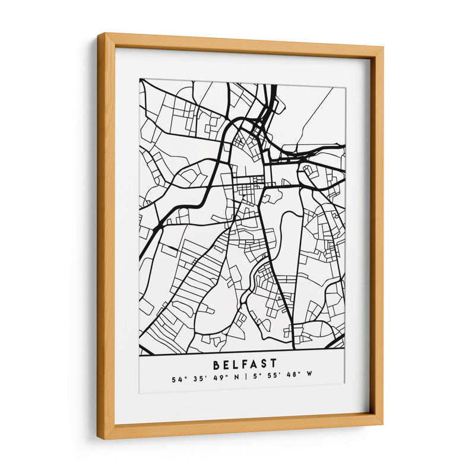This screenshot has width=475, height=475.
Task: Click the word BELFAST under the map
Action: (243, 362)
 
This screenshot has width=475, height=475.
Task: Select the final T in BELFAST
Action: (273, 362)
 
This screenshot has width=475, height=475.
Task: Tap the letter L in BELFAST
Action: (233, 362)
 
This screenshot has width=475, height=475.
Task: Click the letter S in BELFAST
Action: (262, 362)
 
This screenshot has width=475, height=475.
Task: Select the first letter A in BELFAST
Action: (252, 362)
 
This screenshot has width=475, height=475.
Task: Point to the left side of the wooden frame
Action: (106, 237)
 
